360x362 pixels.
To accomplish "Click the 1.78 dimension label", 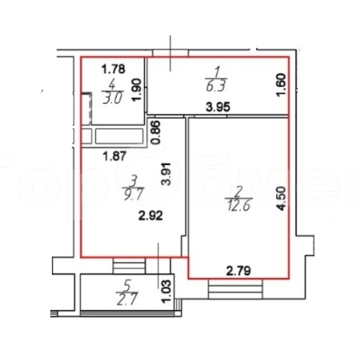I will point(113,68).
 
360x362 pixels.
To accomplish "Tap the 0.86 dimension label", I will point(156,133).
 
